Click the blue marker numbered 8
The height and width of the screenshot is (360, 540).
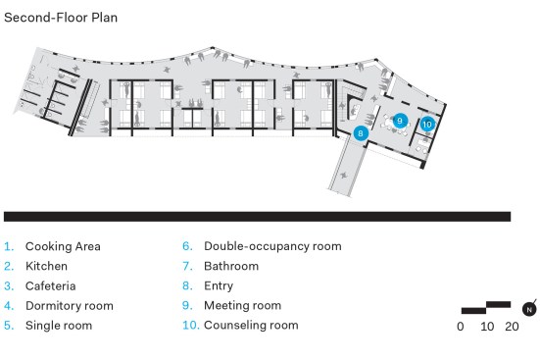point(361,133)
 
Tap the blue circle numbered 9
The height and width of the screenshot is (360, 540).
point(400,121)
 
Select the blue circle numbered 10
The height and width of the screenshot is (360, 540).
point(427,124)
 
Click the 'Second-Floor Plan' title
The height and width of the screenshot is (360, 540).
point(61,18)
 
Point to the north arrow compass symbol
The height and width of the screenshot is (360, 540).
point(529,308)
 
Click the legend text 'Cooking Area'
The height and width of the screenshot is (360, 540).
point(63,246)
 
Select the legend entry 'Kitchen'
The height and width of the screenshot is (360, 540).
point(46,266)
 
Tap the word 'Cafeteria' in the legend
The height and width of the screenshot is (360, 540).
point(51,285)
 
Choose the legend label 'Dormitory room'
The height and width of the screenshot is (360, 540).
point(70,306)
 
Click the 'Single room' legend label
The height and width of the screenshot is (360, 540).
point(59,326)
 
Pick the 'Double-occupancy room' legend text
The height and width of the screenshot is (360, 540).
point(272,246)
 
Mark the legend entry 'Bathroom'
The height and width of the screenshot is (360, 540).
point(231,266)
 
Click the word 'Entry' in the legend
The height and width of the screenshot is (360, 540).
point(219,285)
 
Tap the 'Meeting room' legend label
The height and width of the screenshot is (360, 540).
point(243,305)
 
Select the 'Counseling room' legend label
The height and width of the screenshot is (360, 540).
point(252,325)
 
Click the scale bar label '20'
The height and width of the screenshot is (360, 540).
point(513,327)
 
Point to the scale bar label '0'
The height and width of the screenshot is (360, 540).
point(461,327)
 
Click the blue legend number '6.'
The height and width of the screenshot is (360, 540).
point(187,246)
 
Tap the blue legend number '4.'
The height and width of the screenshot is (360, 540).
point(9,306)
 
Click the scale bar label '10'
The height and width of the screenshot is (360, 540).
point(487,327)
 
